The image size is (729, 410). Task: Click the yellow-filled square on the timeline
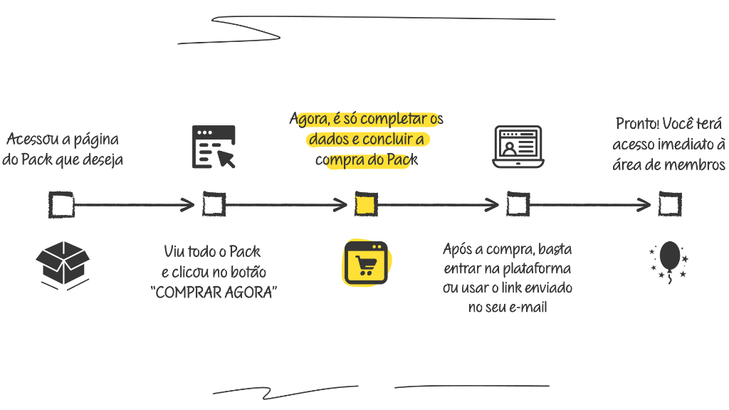365,205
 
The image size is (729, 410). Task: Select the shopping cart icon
366,263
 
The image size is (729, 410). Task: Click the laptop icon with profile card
518,147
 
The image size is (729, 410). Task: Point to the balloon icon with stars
669,262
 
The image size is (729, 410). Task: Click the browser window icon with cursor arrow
214,147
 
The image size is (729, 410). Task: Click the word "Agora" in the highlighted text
308,118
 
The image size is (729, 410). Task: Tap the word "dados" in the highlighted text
327,139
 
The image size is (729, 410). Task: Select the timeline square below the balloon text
669,205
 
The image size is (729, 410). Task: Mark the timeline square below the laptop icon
518,205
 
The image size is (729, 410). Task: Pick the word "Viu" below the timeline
174,251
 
